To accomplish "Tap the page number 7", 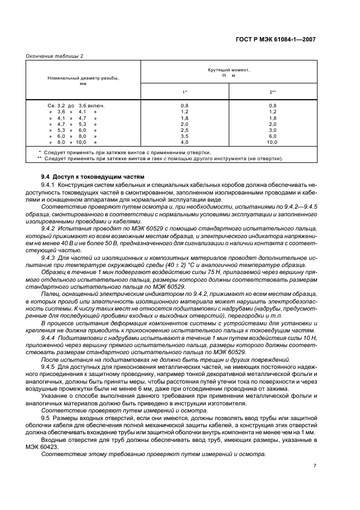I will coord(314,465).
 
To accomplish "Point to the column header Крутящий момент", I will coord(229,71).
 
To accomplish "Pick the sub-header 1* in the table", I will coord(185,92).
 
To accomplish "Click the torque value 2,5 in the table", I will coord(185,130).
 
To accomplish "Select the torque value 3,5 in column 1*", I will coord(185,136).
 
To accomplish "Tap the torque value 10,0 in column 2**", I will coord(272,142).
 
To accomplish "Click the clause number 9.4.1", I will coord(49,185).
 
